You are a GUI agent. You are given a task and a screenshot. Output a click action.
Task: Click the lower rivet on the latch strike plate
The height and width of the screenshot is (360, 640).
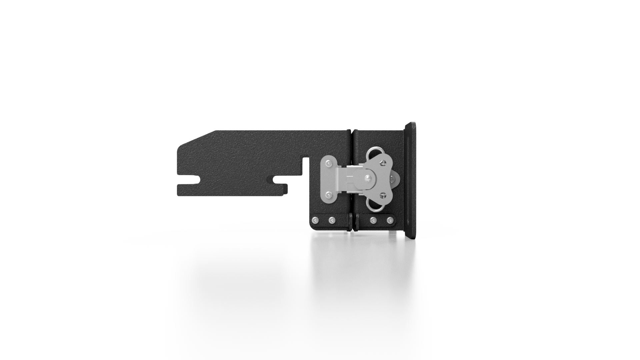(x=329, y=194)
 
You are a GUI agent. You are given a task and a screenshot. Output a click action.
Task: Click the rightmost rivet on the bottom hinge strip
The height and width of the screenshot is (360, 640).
(x=390, y=220)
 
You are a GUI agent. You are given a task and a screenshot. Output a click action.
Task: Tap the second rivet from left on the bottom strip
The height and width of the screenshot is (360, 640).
(x=332, y=220)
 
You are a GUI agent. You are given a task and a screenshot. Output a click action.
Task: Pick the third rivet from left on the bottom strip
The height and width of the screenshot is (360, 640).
(x=373, y=220)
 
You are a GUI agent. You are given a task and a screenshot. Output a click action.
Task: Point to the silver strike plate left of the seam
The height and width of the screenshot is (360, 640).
(x=329, y=179)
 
